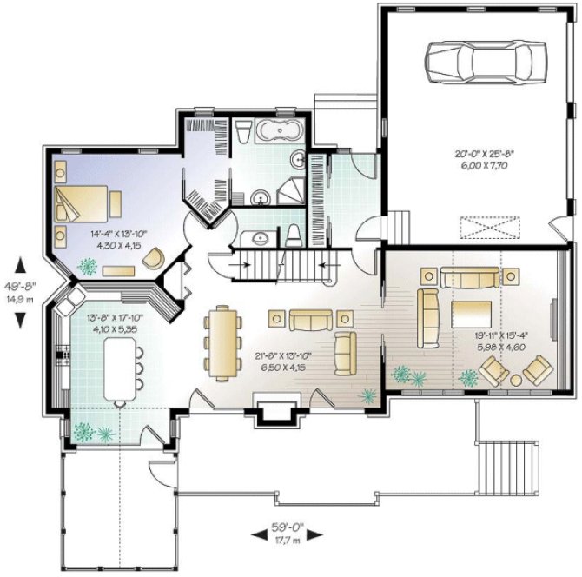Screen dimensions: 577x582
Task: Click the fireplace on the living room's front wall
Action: tap(271, 404)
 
